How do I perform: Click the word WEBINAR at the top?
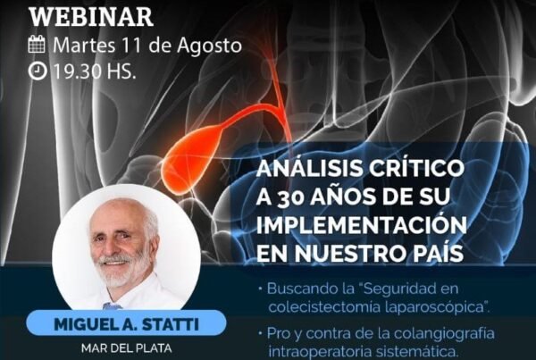point(90,17)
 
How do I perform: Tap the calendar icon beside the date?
point(37,44)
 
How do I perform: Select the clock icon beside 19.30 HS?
point(37,71)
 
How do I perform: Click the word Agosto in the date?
point(209,46)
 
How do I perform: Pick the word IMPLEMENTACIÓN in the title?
point(361,225)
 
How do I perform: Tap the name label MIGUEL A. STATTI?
point(126,323)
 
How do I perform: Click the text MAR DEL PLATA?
point(126,348)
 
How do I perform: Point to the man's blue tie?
point(112,306)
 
